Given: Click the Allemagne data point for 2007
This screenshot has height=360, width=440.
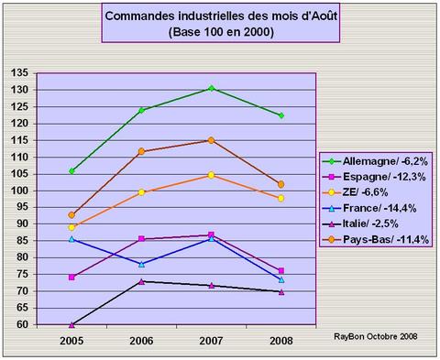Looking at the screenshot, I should [x=211, y=88].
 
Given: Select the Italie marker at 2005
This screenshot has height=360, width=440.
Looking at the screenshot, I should [x=71, y=324].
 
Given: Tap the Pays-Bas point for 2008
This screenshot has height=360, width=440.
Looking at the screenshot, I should [x=280, y=184].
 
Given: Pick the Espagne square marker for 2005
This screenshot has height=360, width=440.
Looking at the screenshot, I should [x=71, y=277].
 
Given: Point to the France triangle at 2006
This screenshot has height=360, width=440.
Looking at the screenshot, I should [x=141, y=264].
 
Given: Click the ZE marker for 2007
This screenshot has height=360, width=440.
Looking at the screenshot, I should [x=211, y=175].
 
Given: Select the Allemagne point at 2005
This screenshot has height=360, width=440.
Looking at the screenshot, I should [x=71, y=170].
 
